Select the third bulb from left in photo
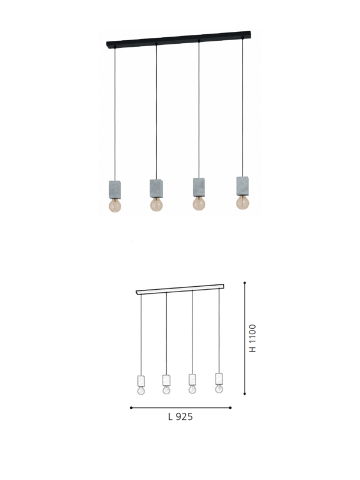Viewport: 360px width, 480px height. coord(199,204)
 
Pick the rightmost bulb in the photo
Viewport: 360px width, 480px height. coord(242,202)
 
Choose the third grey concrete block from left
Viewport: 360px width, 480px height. coord(199,186)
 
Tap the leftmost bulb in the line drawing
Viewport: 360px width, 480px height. coord(141,391)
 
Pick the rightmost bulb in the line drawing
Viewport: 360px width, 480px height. coord(219,389)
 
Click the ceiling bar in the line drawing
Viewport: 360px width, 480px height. coord(180,289)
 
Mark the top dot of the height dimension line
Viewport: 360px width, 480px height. coord(245,282)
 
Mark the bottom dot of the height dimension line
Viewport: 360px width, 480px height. coord(245,394)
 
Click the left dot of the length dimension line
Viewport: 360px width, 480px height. coord(131,407)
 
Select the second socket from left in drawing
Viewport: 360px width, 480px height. coord(166,380)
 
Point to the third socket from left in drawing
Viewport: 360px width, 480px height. coord(192,379)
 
